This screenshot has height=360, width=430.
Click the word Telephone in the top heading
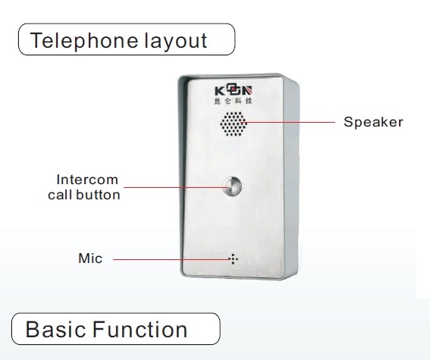pos(83,41)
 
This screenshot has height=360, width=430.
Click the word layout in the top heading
pos(176,41)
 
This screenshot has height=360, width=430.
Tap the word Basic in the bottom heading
pos(55,329)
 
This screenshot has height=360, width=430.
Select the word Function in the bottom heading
pos(140,329)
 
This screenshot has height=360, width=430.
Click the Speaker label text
pos(373,122)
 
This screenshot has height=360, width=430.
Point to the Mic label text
pos(90,258)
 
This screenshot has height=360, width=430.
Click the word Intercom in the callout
pos(87,180)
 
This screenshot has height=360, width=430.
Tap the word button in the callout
pos(98,195)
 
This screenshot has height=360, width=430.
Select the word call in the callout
pos(60,195)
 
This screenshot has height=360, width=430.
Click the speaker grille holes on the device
pos(234,124)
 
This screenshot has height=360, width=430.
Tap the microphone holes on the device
pos(233,259)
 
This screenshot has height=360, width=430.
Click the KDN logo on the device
pos(234,91)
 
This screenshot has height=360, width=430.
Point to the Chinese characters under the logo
pos(233,101)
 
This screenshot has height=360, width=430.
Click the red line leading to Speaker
pos(288,122)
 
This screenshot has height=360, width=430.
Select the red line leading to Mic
pos(171,259)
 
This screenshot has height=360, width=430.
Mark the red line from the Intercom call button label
pos(175,187)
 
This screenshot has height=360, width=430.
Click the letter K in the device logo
pos(220,91)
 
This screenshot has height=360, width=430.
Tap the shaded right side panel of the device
pos(291,178)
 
